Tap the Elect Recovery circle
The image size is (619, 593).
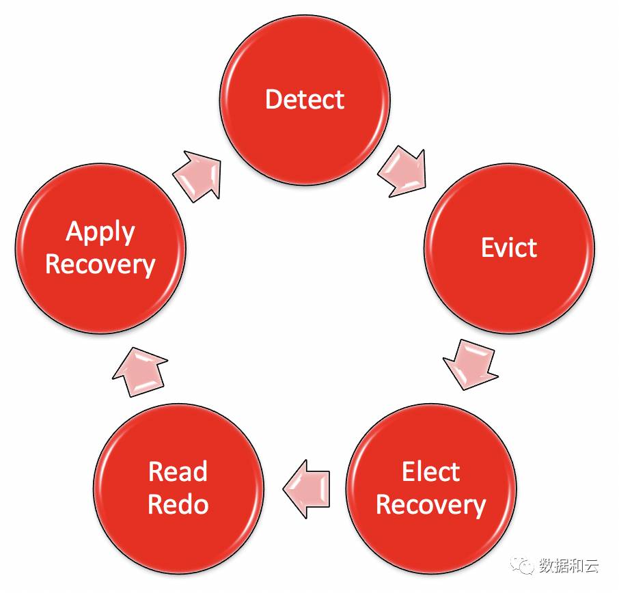pyautogui.click(x=431, y=488)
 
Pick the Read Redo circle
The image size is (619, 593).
pyautogui.click(x=178, y=488)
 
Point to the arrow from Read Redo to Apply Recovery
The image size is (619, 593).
pyautogui.click(x=140, y=372)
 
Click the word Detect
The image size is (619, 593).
pyautogui.click(x=305, y=100)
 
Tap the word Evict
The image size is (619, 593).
pyautogui.click(x=509, y=247)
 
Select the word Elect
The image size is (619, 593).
pyautogui.click(x=430, y=472)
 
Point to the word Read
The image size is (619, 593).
pyautogui.click(x=178, y=472)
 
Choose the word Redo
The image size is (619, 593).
pyautogui.click(x=178, y=506)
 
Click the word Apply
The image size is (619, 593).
pyautogui.click(x=100, y=233)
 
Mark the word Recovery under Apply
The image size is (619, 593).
pyautogui.click(x=100, y=265)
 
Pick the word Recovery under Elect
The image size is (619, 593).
pyautogui.click(x=431, y=506)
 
